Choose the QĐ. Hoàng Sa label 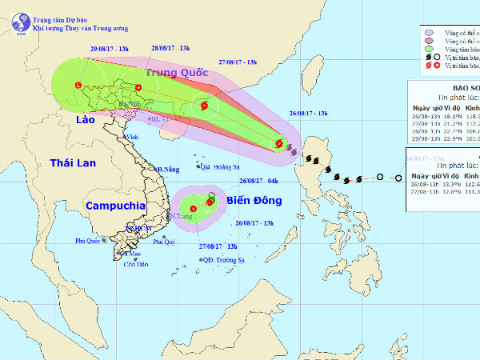(x=221, y=167)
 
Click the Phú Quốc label (x=91, y=241)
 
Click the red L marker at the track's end (x=78, y=86)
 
